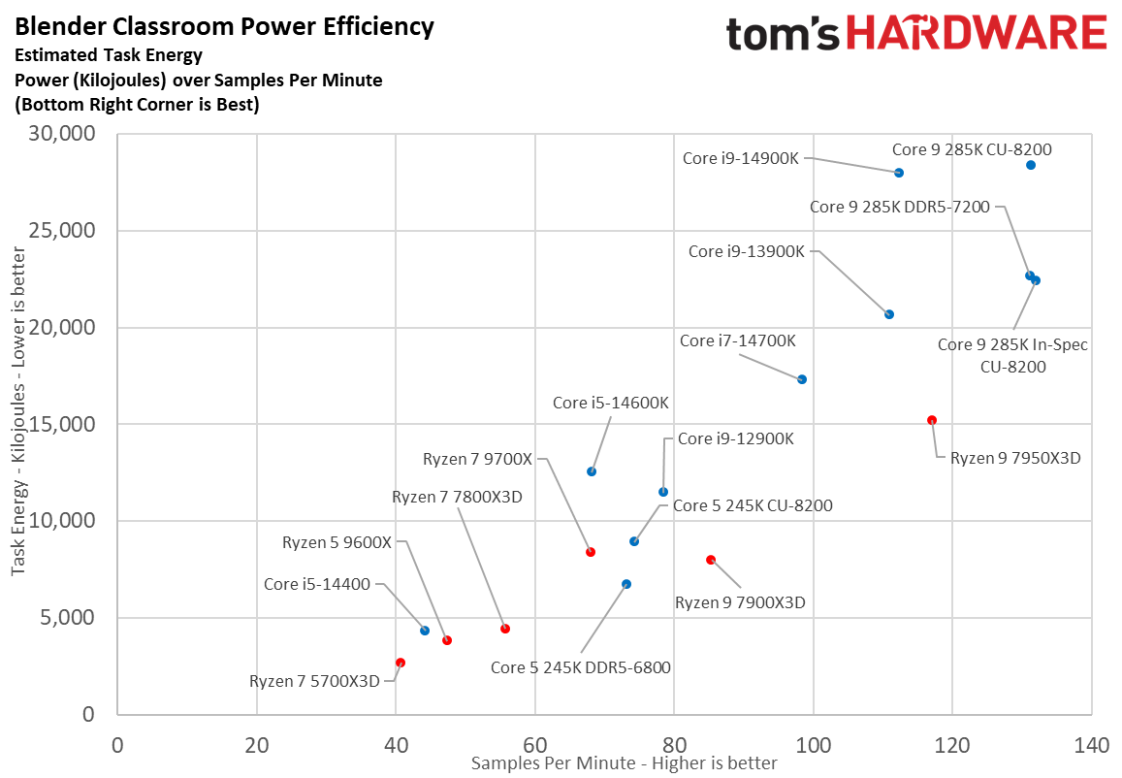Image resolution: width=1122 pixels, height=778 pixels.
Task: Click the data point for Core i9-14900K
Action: pyautogui.click(x=899, y=173)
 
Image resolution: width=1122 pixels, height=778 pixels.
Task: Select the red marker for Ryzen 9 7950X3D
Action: pyautogui.click(x=932, y=420)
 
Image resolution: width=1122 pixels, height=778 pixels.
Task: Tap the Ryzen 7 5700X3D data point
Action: pyautogui.click(x=401, y=663)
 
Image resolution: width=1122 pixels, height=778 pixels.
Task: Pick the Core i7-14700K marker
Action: pyautogui.click(x=802, y=379)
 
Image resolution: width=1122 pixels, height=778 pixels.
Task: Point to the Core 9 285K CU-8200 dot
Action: pyautogui.click(x=1031, y=165)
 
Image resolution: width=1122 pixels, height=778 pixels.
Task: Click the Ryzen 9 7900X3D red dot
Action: pyautogui.click(x=711, y=560)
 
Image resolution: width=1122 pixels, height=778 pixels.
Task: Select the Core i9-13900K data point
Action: pyautogui.click(x=889, y=314)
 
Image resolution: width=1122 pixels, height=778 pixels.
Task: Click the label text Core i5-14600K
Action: pyautogui.click(x=611, y=403)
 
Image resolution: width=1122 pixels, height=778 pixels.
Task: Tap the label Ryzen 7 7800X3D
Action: pyautogui.click(x=457, y=497)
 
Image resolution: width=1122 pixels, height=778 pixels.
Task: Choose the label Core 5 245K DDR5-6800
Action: pyautogui.click(x=581, y=666)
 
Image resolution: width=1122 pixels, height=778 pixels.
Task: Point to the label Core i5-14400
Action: pyautogui.click(x=317, y=584)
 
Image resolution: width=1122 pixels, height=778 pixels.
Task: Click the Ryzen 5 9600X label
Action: pyautogui.click(x=337, y=542)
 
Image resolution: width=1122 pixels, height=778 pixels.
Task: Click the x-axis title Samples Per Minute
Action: pyautogui.click(x=624, y=763)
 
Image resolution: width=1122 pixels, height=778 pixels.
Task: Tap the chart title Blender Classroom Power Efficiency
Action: pyautogui.click(x=224, y=26)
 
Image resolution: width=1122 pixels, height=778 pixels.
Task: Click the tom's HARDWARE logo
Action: pyautogui.click(x=916, y=34)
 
